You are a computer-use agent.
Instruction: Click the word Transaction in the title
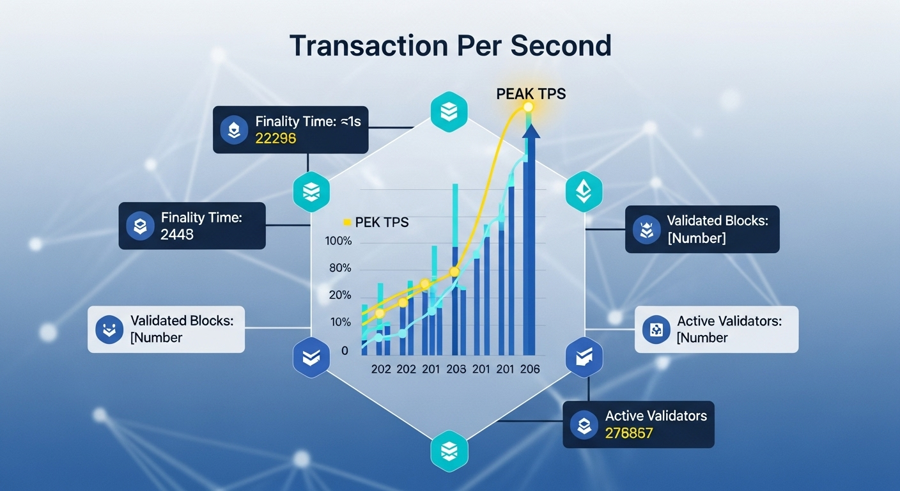coord(368,45)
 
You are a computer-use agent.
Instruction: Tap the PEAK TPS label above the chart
coord(531,93)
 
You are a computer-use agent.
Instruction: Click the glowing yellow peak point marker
coord(528,107)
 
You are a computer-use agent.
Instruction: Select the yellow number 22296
coord(275,138)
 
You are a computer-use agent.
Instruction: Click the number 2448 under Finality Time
coord(177,234)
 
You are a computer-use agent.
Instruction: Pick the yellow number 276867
coord(629,433)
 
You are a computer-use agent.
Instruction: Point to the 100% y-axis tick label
coord(338,241)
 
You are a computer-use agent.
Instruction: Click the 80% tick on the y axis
coord(340,268)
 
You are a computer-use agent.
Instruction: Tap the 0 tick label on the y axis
coord(345,351)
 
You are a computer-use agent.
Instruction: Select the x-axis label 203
coord(456,369)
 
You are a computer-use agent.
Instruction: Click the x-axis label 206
coord(530,369)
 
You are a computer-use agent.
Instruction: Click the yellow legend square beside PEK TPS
coord(346,222)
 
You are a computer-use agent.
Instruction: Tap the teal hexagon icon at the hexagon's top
coord(449,112)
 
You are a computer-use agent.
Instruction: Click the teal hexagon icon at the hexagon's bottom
coord(449,451)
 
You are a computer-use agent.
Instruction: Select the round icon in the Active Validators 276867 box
coord(584,425)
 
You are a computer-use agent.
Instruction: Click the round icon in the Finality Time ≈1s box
coord(234,130)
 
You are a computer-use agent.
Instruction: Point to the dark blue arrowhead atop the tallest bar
coord(531,131)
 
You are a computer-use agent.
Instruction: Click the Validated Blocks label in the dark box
coord(718,221)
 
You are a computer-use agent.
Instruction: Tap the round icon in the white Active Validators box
coord(656,329)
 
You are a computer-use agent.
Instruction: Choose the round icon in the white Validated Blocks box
coord(109,329)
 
